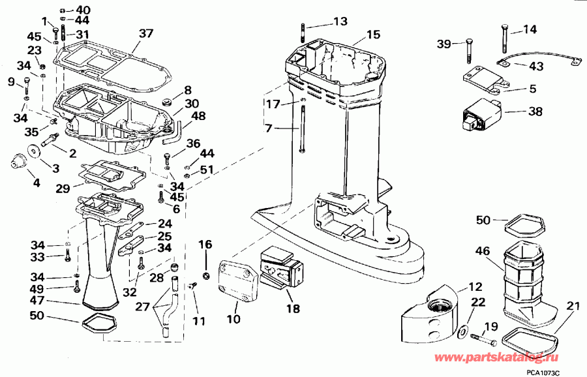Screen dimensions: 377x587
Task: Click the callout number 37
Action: (x=146, y=33)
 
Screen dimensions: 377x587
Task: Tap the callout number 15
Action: (x=372, y=34)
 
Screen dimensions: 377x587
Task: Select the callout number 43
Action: (x=536, y=66)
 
